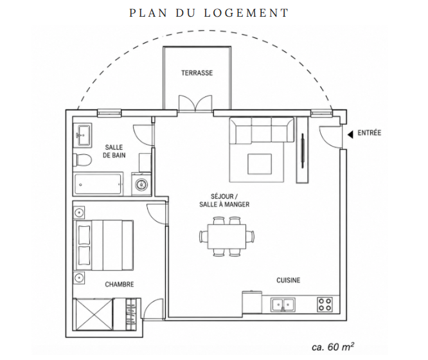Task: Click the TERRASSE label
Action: [197, 73]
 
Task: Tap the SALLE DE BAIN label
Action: [114, 151]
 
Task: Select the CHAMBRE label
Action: [120, 284]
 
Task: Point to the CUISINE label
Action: [289, 280]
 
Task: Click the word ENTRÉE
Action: [370, 133]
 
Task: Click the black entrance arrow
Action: [350, 134]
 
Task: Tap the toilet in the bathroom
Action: [82, 160]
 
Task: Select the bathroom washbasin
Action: [83, 135]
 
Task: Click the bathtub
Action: [98, 184]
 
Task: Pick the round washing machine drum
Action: [141, 184]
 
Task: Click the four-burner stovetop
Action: [325, 304]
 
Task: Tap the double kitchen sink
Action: [283, 305]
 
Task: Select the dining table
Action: [227, 237]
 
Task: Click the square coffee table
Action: [260, 164]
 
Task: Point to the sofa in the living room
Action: [262, 130]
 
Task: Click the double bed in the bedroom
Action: [103, 245]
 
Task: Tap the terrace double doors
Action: [195, 104]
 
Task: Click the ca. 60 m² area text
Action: [333, 346]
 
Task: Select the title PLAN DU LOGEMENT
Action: [209, 13]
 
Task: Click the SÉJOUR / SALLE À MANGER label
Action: [224, 200]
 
